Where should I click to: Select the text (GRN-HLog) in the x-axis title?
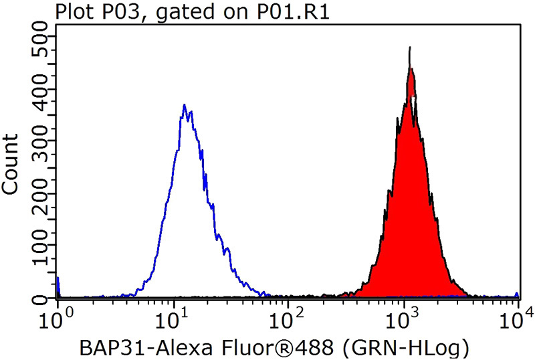[x=410, y=347]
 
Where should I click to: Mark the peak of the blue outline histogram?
[x=184, y=105]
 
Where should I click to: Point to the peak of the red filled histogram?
[x=410, y=48]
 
